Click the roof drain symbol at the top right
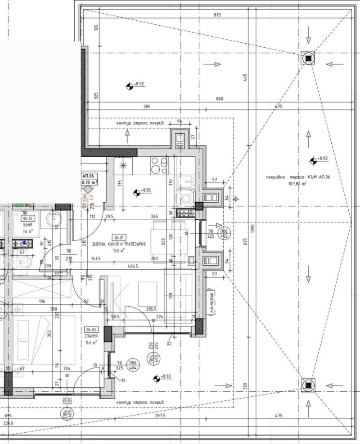[308, 58]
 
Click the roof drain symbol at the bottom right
[308, 385]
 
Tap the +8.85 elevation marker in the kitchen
[136, 193]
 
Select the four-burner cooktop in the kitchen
[159, 166]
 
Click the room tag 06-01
[119, 237]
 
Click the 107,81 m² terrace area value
[297, 184]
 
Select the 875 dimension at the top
[217, 16]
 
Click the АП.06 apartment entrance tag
[88, 176]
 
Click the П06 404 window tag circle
[133, 365]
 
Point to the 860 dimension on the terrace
[220, 98]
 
